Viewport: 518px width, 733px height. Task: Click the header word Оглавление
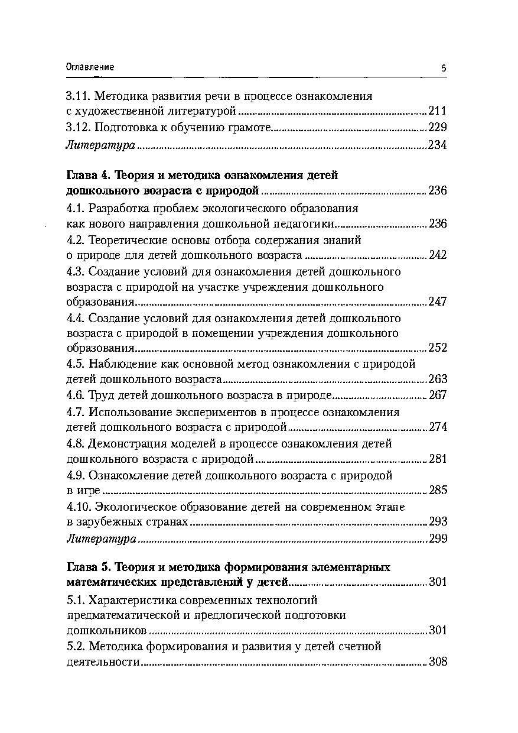(x=90, y=67)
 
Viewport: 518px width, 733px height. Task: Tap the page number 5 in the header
(x=444, y=68)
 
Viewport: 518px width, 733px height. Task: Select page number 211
(x=438, y=111)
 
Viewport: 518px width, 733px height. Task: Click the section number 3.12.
(x=77, y=128)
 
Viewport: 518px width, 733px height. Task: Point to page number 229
(x=438, y=128)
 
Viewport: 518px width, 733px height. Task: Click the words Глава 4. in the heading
(x=88, y=175)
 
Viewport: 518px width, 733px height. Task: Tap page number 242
(x=438, y=255)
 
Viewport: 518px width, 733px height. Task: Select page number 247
(x=438, y=302)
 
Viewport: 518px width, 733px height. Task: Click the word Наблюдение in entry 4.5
(x=116, y=364)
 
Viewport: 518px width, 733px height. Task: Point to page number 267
(x=438, y=395)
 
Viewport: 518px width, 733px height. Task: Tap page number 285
(x=438, y=490)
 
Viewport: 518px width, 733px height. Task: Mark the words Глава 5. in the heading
(x=88, y=567)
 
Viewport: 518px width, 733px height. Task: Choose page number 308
(x=438, y=662)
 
